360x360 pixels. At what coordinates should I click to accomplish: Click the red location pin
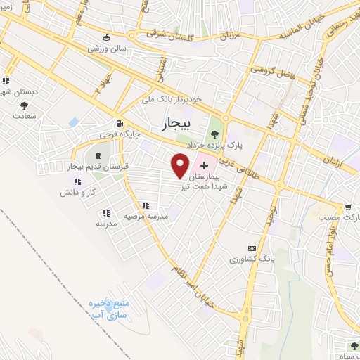[x=181, y=165]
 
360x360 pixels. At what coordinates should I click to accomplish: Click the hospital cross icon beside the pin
[x=204, y=165]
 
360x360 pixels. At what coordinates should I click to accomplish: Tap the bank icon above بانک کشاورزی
[x=252, y=248]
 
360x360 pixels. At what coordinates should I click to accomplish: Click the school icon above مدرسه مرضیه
[x=145, y=205]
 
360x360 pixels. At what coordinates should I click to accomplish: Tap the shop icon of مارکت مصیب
[x=348, y=207]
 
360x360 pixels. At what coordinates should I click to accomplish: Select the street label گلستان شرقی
[x=174, y=33]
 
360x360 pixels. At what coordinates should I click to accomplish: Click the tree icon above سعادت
[x=24, y=105]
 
